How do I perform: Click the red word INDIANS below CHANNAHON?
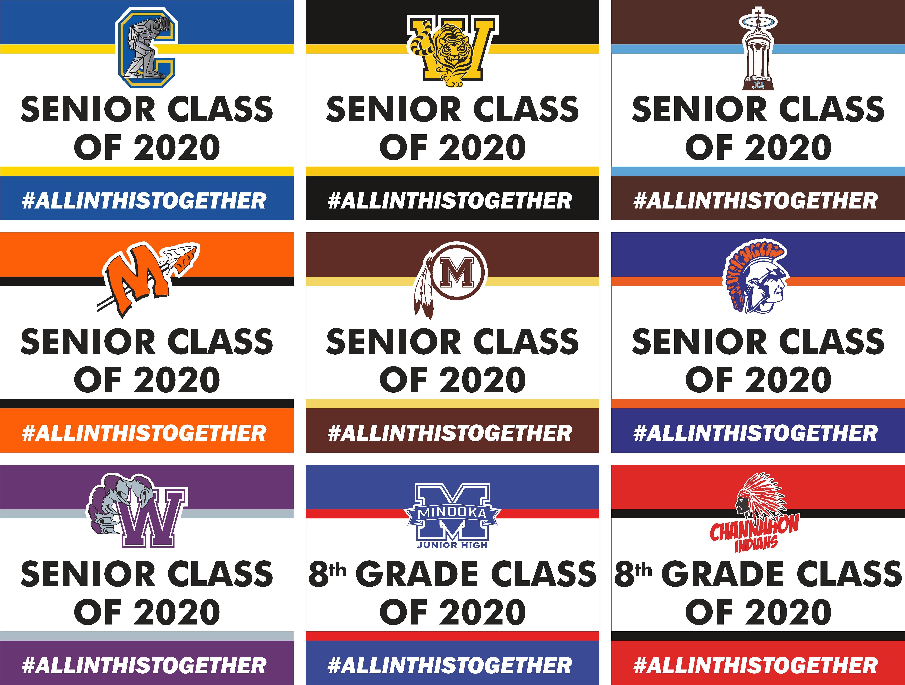756,543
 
